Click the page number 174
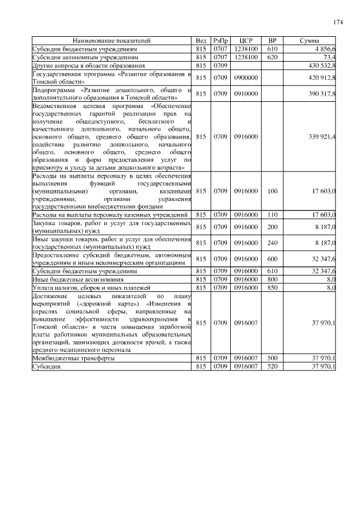(338, 23)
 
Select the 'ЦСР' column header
(245, 41)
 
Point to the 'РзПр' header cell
(221, 41)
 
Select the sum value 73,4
(329, 58)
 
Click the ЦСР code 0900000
(245, 78)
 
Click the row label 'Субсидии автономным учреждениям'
(77, 58)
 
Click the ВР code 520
(272, 367)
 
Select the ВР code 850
(272, 288)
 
